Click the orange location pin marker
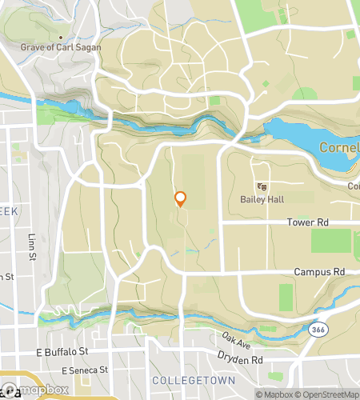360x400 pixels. tap(180, 198)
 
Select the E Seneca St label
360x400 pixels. tap(84, 370)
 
